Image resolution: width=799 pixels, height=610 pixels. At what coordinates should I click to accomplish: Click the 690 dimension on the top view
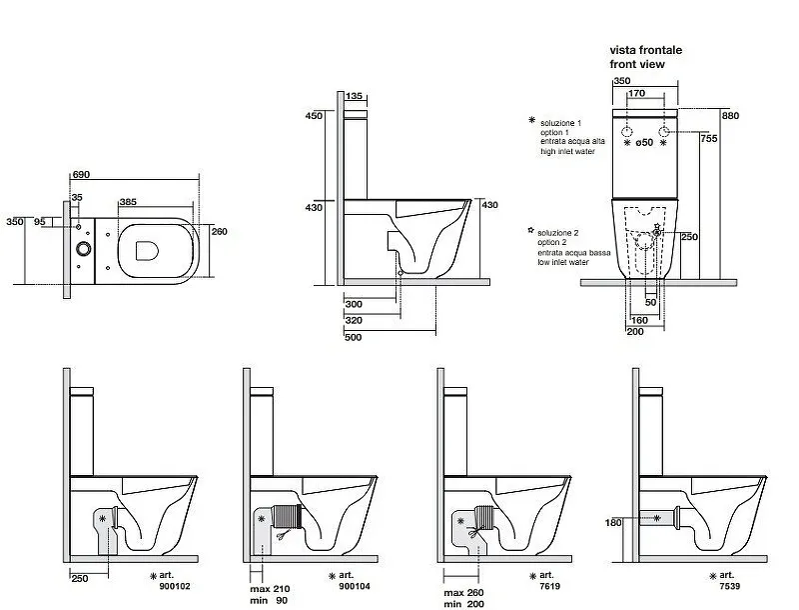[81, 175]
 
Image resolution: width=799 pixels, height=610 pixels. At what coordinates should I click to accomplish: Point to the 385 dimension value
[128, 202]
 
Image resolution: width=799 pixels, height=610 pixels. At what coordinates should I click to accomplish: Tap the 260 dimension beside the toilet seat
[220, 232]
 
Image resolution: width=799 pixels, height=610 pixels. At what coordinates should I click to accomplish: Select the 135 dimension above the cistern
[354, 96]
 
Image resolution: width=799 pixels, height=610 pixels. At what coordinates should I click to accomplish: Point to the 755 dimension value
[707, 139]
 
